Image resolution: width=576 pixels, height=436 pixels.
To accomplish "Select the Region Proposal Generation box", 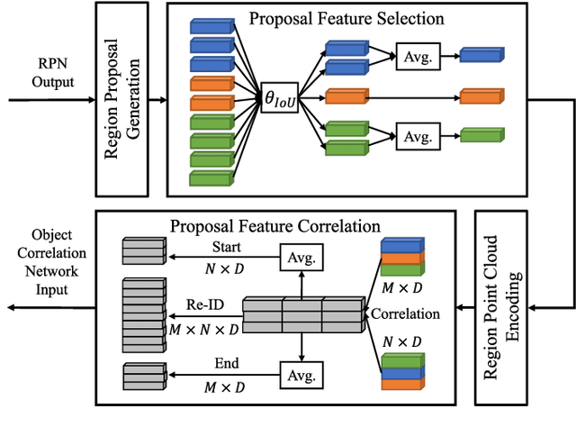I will click(x=123, y=99).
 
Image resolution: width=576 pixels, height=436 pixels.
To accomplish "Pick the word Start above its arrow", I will click(x=226, y=246).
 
